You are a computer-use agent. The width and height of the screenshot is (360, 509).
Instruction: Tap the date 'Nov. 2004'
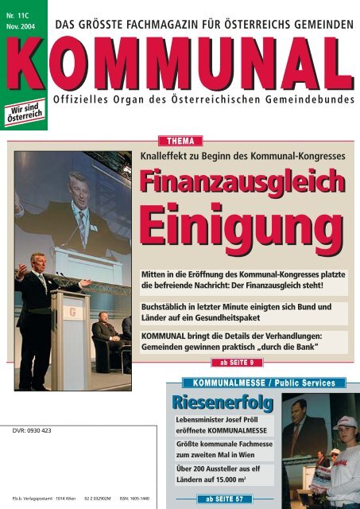(24, 25)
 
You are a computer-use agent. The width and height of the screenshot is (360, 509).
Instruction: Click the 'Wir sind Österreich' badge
(29, 109)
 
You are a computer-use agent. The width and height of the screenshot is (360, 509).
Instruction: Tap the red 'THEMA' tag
(181, 141)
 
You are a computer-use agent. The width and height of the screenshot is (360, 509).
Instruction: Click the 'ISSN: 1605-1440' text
(131, 499)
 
